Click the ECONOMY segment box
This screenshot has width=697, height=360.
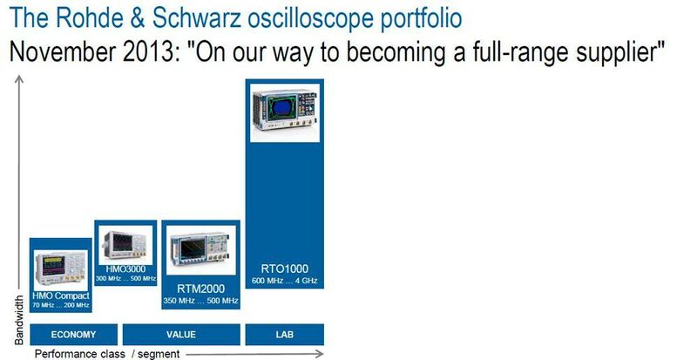click(x=73, y=335)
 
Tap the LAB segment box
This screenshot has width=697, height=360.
click(x=283, y=335)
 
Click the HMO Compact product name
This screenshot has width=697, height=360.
click(x=60, y=295)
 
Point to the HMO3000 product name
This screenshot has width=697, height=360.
click(x=125, y=268)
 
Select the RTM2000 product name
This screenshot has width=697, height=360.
click(x=200, y=289)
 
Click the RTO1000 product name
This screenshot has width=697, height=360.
click(x=285, y=268)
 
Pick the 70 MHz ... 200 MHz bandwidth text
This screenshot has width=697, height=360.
click(x=60, y=305)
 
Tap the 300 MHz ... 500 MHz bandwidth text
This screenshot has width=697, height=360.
click(x=125, y=278)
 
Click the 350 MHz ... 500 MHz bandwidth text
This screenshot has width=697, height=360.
click(x=200, y=301)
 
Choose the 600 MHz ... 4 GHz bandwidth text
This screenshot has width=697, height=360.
click(x=285, y=280)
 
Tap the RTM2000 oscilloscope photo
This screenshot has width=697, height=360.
click(x=200, y=252)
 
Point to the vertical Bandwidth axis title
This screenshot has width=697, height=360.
click(x=18, y=318)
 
